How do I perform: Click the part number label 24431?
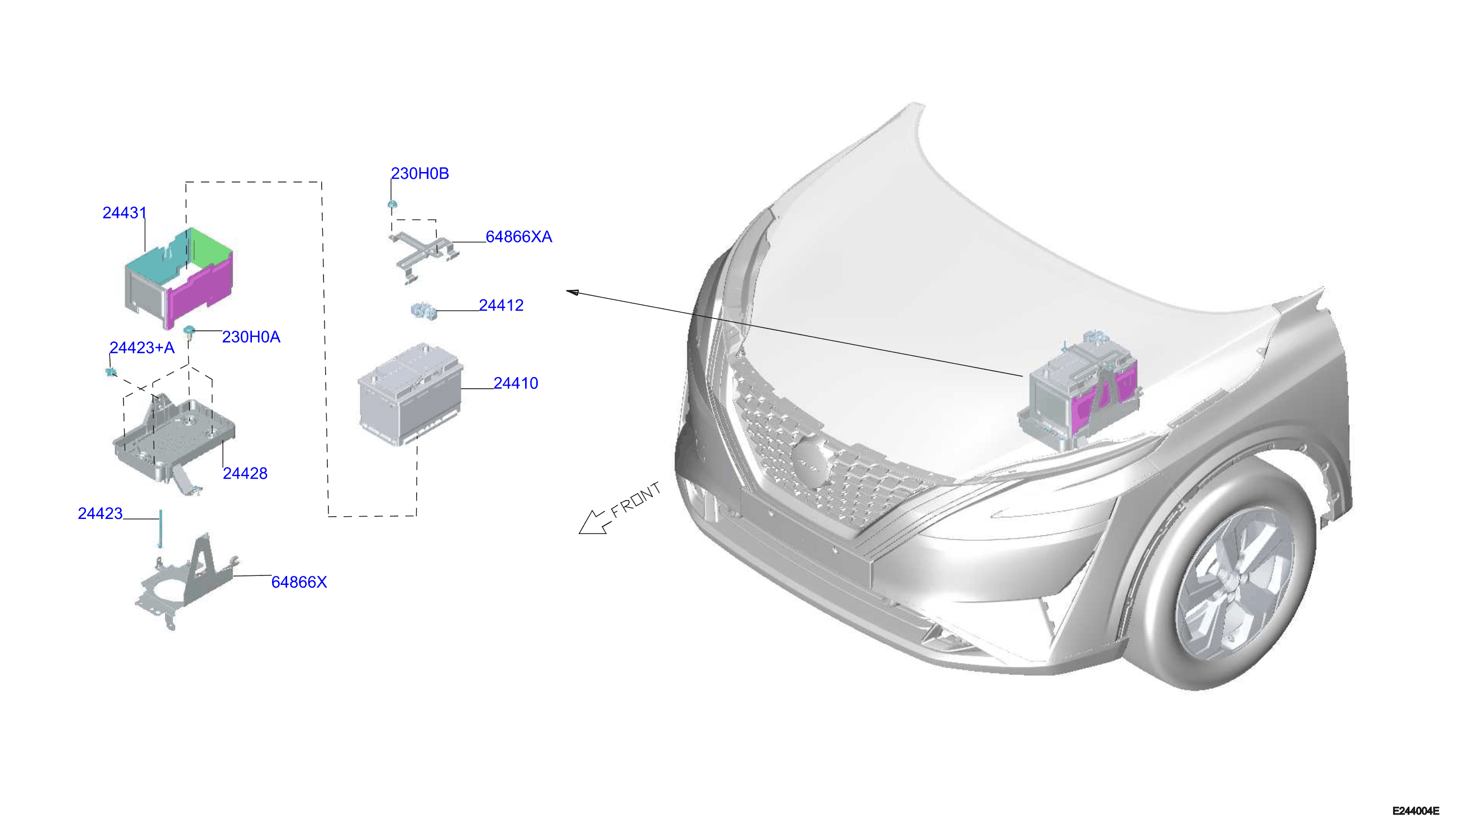pos(125,213)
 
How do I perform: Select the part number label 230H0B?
pos(420,174)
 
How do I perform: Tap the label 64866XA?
pos(518,237)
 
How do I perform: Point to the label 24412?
pos(501,305)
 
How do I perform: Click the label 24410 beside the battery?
pos(516,383)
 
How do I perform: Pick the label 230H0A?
pos(251,337)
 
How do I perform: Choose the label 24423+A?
pos(142,348)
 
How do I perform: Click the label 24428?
pos(245,473)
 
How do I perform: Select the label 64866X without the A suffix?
pos(299,582)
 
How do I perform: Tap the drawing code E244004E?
pos(1416,811)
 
